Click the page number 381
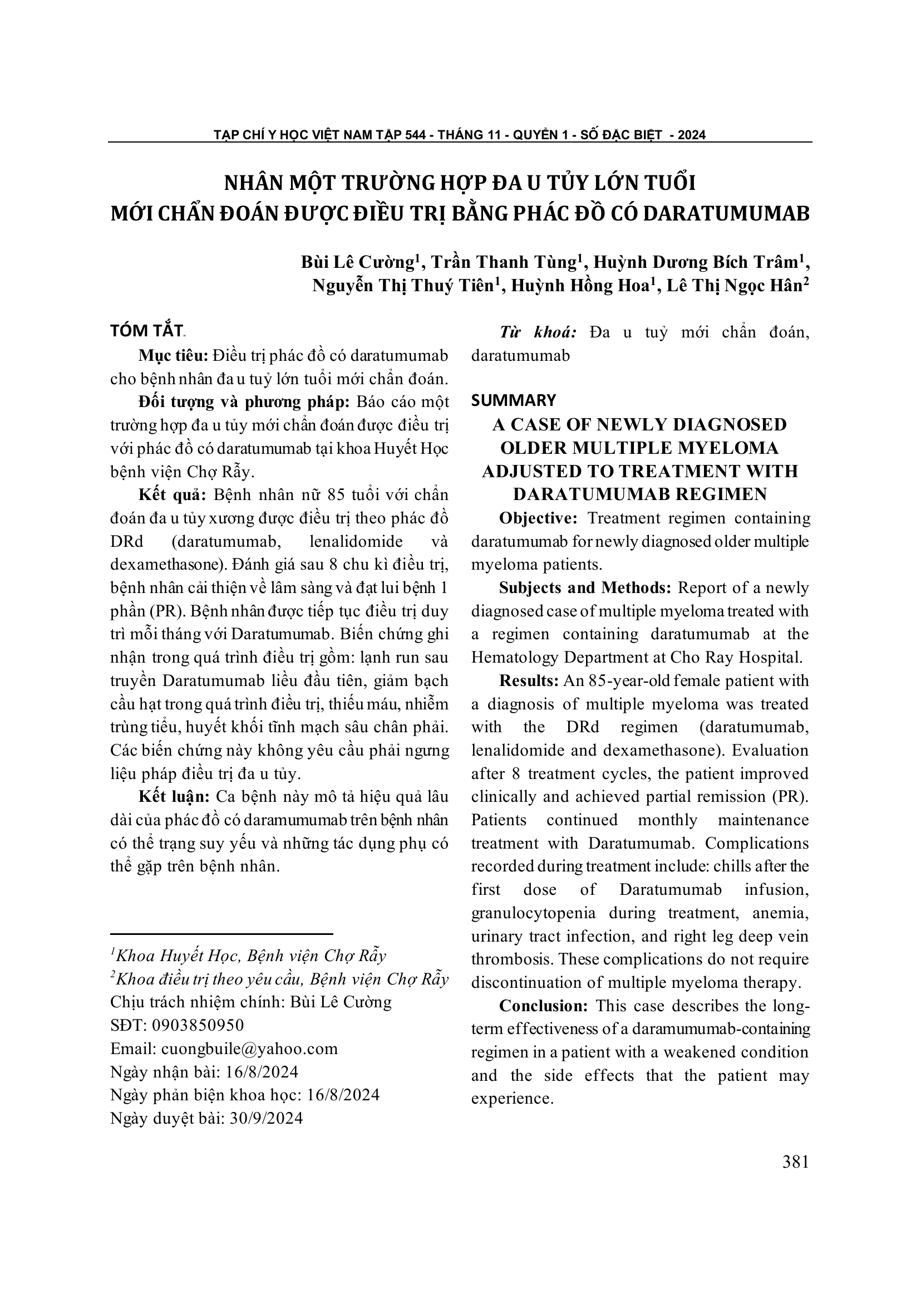pyautogui.click(x=795, y=1162)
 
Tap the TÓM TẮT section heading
pyautogui.click(x=146, y=331)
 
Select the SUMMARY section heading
pyautogui.click(x=514, y=401)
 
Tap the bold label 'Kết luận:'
pyautogui.click(x=174, y=796)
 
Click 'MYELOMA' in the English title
pyautogui.click(x=721, y=448)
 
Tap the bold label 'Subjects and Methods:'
pyautogui.click(x=585, y=588)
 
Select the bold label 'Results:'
pyautogui.click(x=529, y=680)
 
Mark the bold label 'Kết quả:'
pyautogui.click(x=174, y=494)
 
